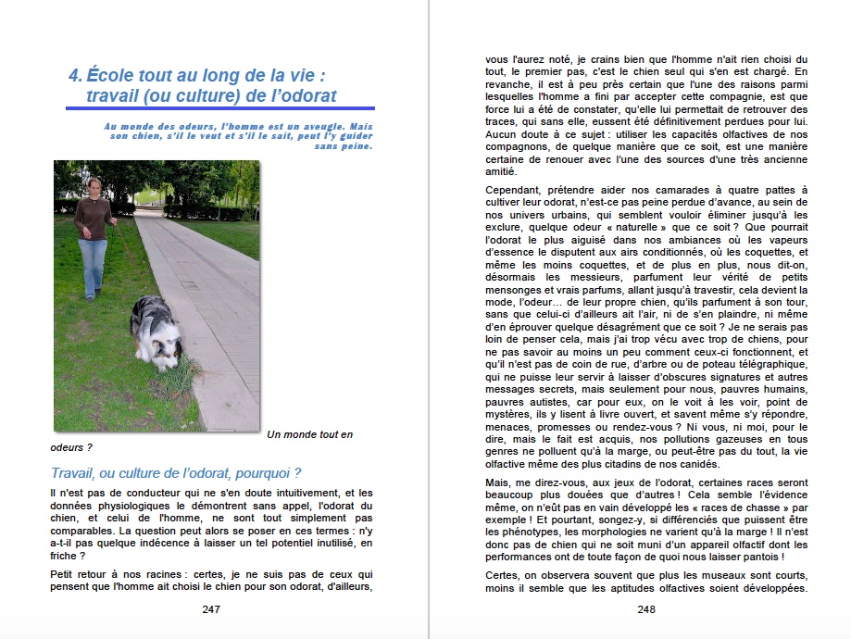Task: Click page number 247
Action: pos(210,609)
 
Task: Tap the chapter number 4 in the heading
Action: pos(74,75)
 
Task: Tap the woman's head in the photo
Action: pos(94,186)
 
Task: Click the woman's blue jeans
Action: pos(93,263)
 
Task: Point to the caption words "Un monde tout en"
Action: pos(309,434)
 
